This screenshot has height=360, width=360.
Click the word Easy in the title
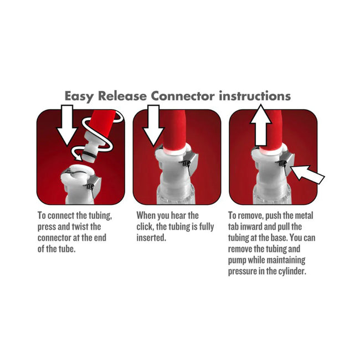coord(79,96)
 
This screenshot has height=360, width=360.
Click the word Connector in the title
coord(183,96)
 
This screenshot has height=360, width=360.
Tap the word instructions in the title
coord(255,96)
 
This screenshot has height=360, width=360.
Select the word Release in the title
coord(122,96)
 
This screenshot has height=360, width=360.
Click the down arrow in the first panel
coord(67,125)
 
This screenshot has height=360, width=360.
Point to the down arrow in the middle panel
coord(153,125)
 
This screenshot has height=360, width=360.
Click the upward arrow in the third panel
coord(261,125)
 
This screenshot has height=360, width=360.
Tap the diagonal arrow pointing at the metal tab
coord(307,173)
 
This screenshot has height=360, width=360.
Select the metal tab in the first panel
coord(96,186)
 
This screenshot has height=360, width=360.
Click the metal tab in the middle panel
coord(191,163)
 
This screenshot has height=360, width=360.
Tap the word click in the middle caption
coord(145,227)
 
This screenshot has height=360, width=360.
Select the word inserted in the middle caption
coord(151,238)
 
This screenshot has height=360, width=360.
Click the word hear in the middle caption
coord(178,215)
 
